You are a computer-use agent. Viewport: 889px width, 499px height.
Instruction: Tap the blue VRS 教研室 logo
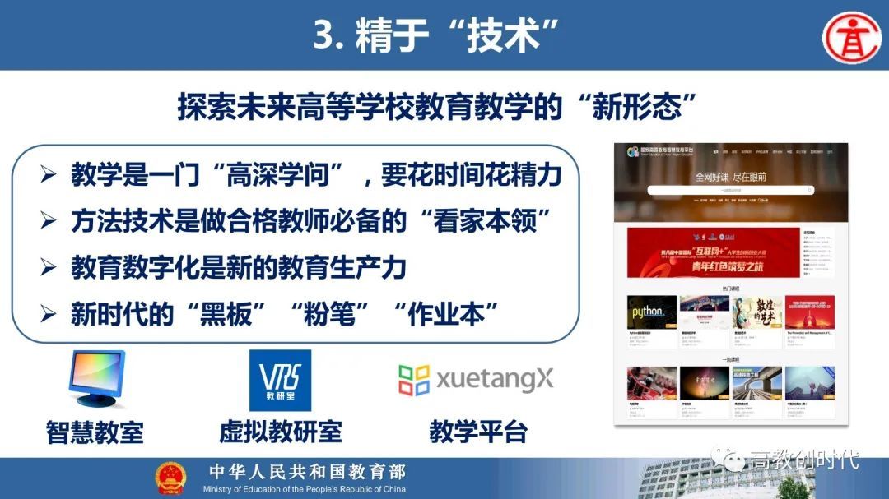(x=280, y=380)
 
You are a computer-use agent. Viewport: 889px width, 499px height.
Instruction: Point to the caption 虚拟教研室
(x=280, y=432)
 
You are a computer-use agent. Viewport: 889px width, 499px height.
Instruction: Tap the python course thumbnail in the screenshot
(x=652, y=313)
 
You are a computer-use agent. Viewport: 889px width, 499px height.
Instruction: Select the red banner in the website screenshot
(x=713, y=253)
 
